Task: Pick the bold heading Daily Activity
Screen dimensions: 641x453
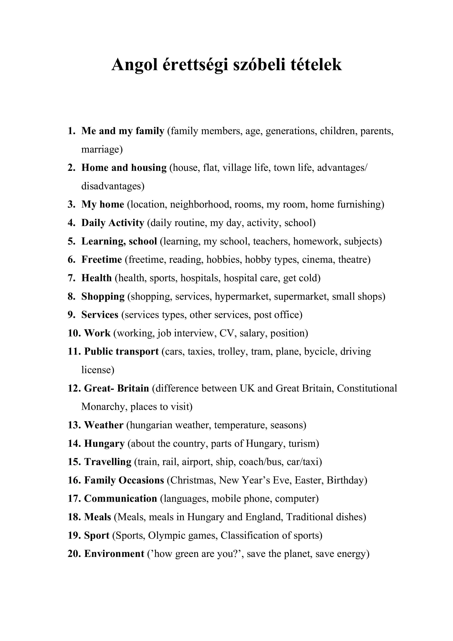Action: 113,223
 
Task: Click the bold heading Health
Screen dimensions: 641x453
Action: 97,278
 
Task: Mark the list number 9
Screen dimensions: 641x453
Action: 71,315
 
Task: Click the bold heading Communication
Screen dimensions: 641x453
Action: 121,499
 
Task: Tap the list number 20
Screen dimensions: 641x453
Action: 74,554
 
